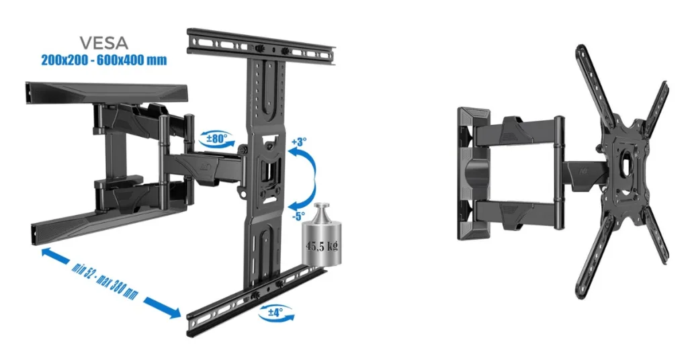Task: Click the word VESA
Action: click(x=103, y=43)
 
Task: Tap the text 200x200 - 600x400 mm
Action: click(x=104, y=60)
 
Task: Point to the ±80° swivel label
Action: click(x=217, y=138)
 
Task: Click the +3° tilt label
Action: click(x=299, y=142)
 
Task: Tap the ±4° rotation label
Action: click(x=275, y=312)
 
